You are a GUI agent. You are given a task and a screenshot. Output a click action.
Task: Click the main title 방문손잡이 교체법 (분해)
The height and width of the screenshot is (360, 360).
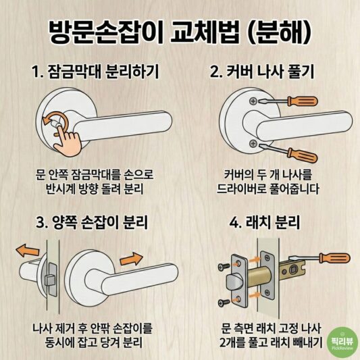click(x=180, y=30)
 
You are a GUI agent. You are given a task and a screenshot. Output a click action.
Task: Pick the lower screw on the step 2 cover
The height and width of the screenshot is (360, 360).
click(x=252, y=142)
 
